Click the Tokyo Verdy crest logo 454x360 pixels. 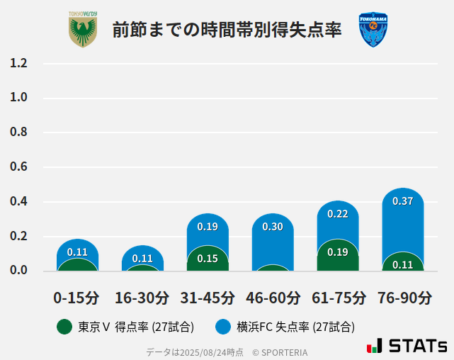83,30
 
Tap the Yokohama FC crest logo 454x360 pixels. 373,30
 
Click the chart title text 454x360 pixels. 227,30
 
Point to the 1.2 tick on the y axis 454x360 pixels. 18,63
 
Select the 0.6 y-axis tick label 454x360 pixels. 18,167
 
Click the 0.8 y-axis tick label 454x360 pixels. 18,133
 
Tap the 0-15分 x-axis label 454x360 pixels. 76,297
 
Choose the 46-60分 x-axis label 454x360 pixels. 273,297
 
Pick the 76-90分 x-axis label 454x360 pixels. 404,297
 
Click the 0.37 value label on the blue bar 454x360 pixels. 402,201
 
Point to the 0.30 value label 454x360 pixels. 273,227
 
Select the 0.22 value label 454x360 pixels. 338,214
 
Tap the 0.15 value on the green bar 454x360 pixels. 208,259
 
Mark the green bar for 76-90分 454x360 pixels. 402,262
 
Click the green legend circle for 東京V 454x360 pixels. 64,327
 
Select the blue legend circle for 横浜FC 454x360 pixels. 223,327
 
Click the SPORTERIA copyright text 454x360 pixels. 280,352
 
